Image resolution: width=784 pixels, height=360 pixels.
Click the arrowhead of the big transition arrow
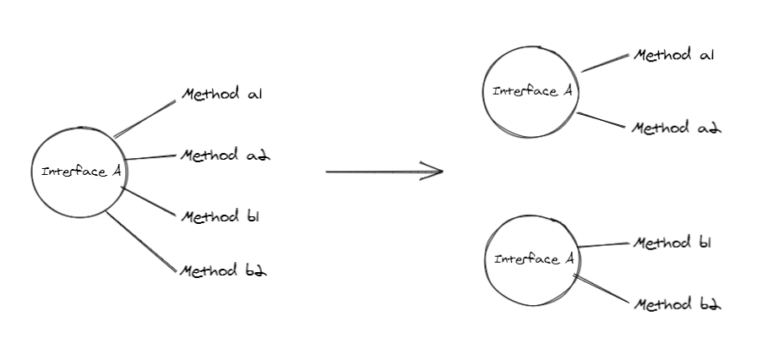pyautogui.click(x=438, y=172)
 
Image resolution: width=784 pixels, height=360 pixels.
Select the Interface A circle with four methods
pyautogui.click(x=79, y=172)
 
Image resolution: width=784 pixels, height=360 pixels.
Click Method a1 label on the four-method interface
pyautogui.click(x=222, y=94)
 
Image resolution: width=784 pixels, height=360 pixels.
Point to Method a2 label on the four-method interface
pyautogui.click(x=225, y=155)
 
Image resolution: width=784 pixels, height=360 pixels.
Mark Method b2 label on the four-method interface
pyautogui.click(x=224, y=270)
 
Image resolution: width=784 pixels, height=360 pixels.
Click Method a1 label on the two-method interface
pyautogui.click(x=674, y=56)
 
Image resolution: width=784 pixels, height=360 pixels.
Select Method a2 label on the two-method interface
pyautogui.click(x=677, y=128)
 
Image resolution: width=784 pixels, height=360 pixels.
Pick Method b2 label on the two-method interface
pyautogui.click(x=677, y=303)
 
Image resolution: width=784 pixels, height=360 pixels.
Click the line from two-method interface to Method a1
pyautogui.click(x=605, y=63)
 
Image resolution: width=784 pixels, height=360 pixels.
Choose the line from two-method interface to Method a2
pyautogui.click(x=602, y=120)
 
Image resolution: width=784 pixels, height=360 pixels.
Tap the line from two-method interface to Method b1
pyautogui.click(x=604, y=245)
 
